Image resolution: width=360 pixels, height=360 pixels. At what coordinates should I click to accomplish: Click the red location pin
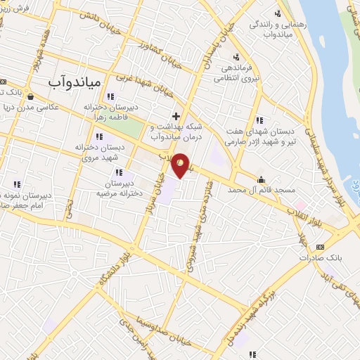[x=181, y=165]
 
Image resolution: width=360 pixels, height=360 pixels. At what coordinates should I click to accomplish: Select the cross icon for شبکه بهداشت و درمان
[x=176, y=115]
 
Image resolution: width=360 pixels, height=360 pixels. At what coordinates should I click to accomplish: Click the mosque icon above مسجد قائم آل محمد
[x=262, y=179]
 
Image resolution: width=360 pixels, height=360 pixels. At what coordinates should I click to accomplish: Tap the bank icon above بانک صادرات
[x=320, y=247]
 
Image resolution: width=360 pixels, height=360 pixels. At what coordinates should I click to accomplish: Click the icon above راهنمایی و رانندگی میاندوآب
[x=278, y=13]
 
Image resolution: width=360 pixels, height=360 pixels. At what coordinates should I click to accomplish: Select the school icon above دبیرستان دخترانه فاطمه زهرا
[x=110, y=96]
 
